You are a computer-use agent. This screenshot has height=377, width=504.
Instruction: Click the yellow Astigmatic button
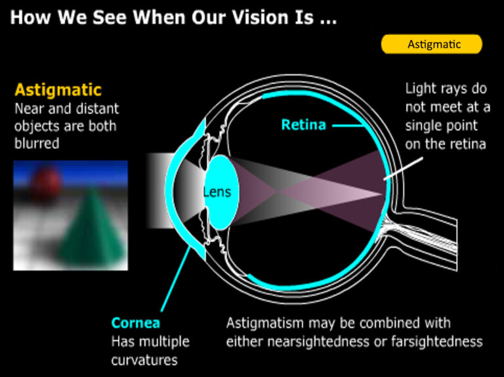pos(432,44)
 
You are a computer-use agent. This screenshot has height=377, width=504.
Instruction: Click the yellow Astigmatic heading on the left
pos(58,89)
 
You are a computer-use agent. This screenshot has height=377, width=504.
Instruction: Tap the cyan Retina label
pos(303,124)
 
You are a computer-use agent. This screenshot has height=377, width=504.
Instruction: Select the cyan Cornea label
pos(136,323)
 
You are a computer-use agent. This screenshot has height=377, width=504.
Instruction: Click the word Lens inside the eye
pos(217,192)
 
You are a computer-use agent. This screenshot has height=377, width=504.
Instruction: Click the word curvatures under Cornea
pos(144,360)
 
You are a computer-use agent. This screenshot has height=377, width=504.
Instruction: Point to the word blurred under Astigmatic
pos(37,143)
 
